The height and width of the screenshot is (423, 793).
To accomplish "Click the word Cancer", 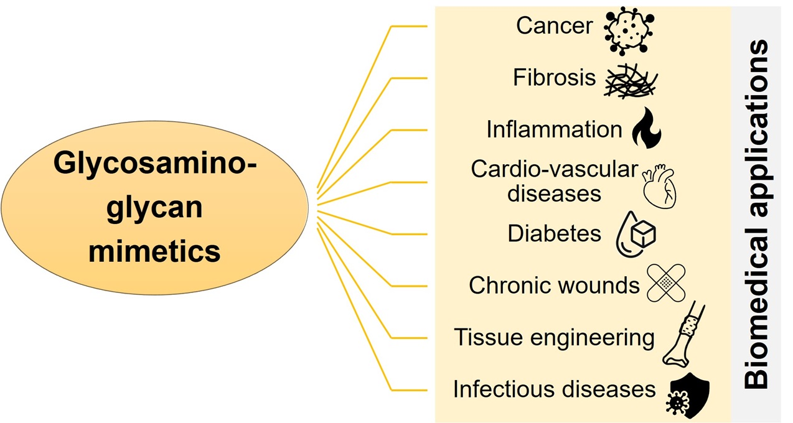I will coord(554,26).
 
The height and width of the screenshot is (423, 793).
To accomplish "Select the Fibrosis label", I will coord(554,78).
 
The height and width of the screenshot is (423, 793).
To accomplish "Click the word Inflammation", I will coord(554,129).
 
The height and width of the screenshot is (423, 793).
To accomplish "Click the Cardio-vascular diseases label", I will coord(554,180).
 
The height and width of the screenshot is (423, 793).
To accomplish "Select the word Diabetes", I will coord(554,233).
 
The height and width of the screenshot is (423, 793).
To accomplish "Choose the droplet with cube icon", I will coord(635,236).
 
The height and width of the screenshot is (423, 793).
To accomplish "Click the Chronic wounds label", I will coord(554,286).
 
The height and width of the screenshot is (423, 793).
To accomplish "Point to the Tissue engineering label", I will coord(554,337).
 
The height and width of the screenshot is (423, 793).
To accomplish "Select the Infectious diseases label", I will coord(554,389).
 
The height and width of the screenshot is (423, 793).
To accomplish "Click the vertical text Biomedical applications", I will coord(756,215).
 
